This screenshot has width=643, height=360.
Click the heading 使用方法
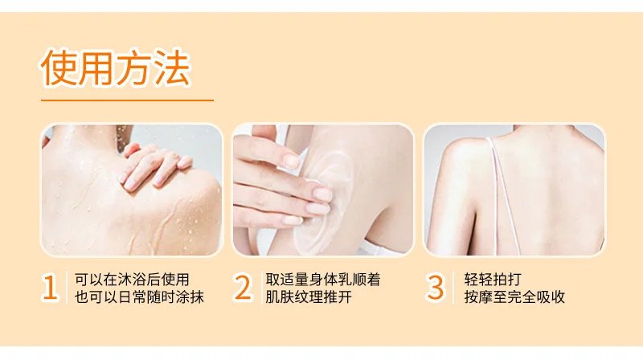pyautogui.click(x=116, y=68)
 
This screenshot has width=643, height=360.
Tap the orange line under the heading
pyautogui.click(x=127, y=100)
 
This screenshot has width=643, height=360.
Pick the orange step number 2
pyautogui.click(x=243, y=288)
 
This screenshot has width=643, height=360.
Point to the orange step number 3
pyautogui.click(x=435, y=288)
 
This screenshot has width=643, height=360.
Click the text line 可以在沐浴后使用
pyautogui.click(x=132, y=279)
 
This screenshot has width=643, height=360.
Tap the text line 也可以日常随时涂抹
pyautogui.click(x=139, y=297)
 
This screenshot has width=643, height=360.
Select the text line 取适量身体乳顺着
pyautogui.click(x=323, y=279)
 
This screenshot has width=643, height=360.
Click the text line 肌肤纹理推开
pyautogui.click(x=309, y=297)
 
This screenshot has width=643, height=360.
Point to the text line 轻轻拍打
pyautogui.click(x=493, y=279)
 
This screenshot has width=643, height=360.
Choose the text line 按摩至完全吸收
pyautogui.click(x=514, y=297)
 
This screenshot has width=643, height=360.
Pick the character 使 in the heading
pyautogui.click(x=59, y=68)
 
